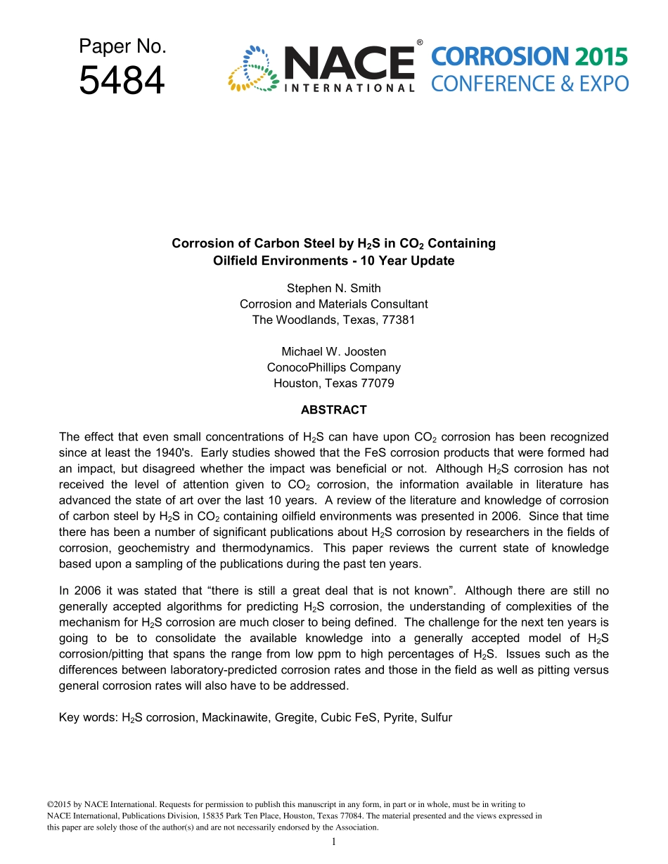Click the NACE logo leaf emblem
pyautogui.click(x=254, y=68)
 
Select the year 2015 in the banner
pyautogui.click(x=600, y=58)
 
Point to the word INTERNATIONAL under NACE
pyautogui.click(x=349, y=89)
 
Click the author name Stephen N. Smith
pyautogui.click(x=333, y=289)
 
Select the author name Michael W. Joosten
pyautogui.click(x=333, y=351)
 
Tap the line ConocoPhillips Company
pyautogui.click(x=333, y=367)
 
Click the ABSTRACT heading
pyautogui.click(x=333, y=410)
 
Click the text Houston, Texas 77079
pyautogui.click(x=333, y=383)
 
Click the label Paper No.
pyautogui.click(x=122, y=47)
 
